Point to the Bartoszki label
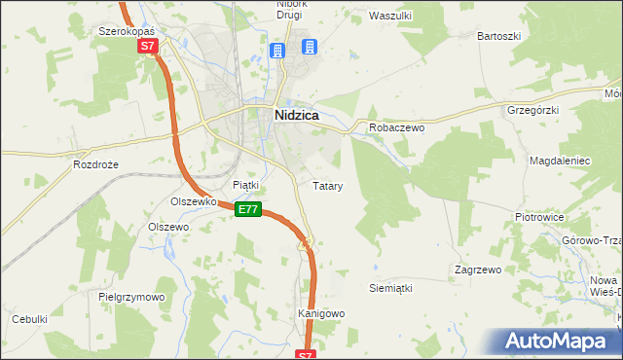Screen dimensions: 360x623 click(498, 36)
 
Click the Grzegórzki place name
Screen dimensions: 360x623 click(532, 110)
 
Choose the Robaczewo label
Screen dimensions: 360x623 click(395, 127)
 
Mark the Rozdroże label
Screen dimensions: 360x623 click(95, 164)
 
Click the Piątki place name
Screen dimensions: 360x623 click(245, 184)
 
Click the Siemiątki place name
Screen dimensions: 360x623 click(391, 288)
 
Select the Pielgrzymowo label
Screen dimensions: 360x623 click(131, 297)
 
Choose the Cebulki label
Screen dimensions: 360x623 click(30, 319)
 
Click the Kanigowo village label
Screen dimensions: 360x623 click(321, 314)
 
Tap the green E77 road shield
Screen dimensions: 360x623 click(249, 209)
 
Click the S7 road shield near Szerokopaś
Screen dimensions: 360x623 click(147, 46)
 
